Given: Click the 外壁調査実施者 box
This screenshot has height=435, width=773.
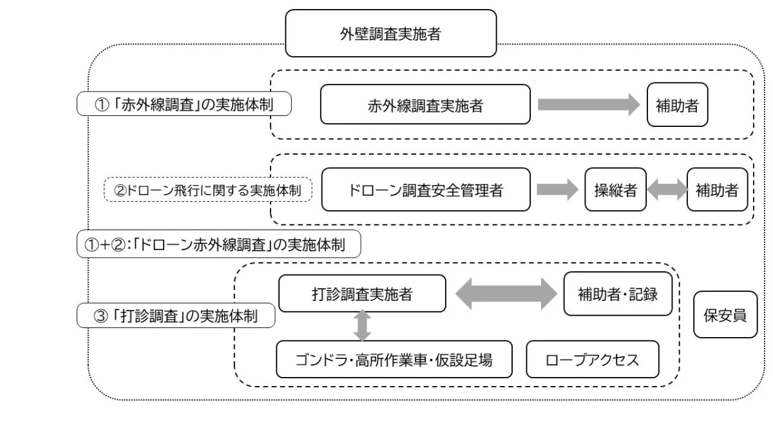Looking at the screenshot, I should (x=390, y=34).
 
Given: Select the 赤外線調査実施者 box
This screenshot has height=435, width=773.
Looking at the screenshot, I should (x=425, y=106).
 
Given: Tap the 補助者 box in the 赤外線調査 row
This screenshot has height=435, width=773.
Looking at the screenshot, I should (x=677, y=106).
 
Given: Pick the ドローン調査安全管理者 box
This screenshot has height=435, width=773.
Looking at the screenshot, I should (x=425, y=189).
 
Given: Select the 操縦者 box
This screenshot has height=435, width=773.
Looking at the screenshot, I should (x=615, y=189).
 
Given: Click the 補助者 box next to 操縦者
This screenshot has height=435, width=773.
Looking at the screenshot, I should (x=718, y=189).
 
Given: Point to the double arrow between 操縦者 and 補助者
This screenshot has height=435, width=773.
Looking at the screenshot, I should (x=666, y=189).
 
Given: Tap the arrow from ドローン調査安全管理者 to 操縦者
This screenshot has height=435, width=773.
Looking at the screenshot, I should (x=557, y=189).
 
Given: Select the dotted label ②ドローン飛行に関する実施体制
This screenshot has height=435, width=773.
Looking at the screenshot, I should (x=208, y=190).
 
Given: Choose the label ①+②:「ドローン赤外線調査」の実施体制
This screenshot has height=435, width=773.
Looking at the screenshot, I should (x=218, y=245).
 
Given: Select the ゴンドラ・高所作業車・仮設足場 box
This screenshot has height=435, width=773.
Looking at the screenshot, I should (x=394, y=360).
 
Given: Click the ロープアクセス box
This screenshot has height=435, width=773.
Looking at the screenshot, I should (x=593, y=360).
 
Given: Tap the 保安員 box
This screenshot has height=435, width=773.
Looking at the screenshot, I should (x=725, y=315).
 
